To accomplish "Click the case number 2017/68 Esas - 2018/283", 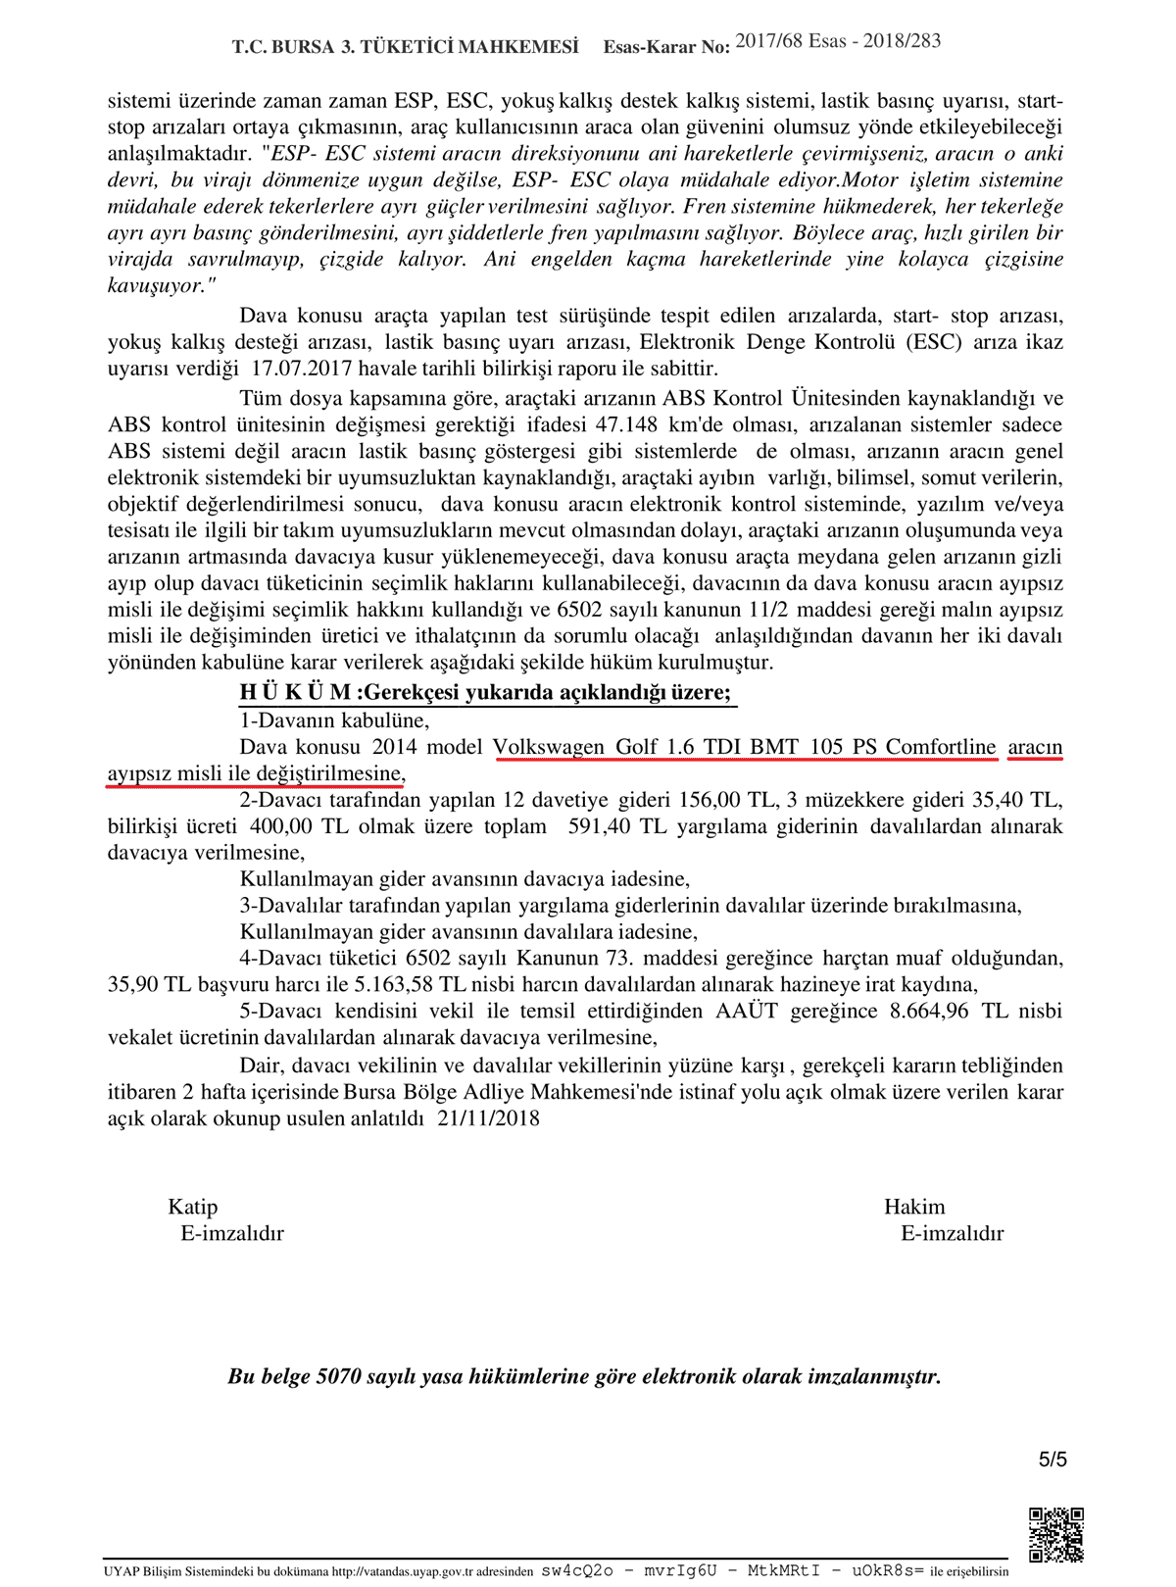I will (838, 41).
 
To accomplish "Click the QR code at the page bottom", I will (1055, 1534).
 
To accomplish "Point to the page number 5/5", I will (1053, 1460).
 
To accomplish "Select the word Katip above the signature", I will (193, 1207).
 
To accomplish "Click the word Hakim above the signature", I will (914, 1207).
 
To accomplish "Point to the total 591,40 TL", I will (606, 826).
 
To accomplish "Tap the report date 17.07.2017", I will (303, 369).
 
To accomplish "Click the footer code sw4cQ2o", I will (577, 1570).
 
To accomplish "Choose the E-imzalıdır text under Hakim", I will (952, 1233).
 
